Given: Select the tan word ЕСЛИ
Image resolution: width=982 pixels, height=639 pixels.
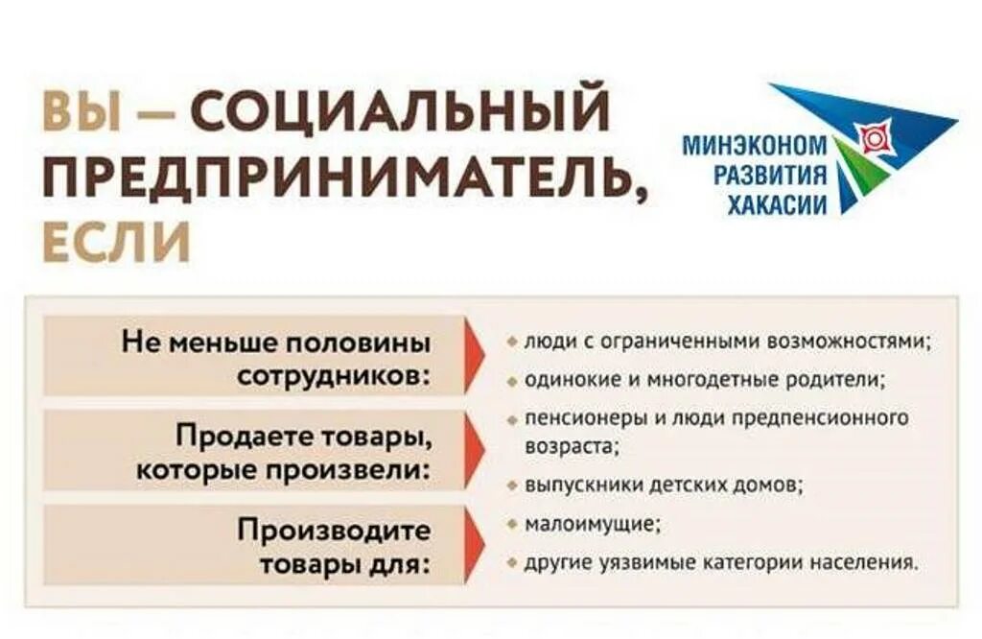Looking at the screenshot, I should [x=117, y=243].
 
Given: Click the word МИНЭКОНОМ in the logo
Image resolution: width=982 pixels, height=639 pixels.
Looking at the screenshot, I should [x=755, y=146].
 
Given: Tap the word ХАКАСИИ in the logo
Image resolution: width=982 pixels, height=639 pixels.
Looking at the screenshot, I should [x=777, y=203].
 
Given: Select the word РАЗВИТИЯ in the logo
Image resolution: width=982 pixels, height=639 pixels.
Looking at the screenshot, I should [x=767, y=175].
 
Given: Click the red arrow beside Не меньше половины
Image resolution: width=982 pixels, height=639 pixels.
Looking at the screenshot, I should [x=477, y=357].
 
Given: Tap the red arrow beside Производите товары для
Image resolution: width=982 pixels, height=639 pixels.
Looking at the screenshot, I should [x=477, y=544].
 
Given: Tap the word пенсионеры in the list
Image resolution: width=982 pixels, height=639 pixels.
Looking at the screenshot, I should [x=572, y=419].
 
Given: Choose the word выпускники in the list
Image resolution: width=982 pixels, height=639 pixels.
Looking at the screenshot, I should [x=573, y=485].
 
